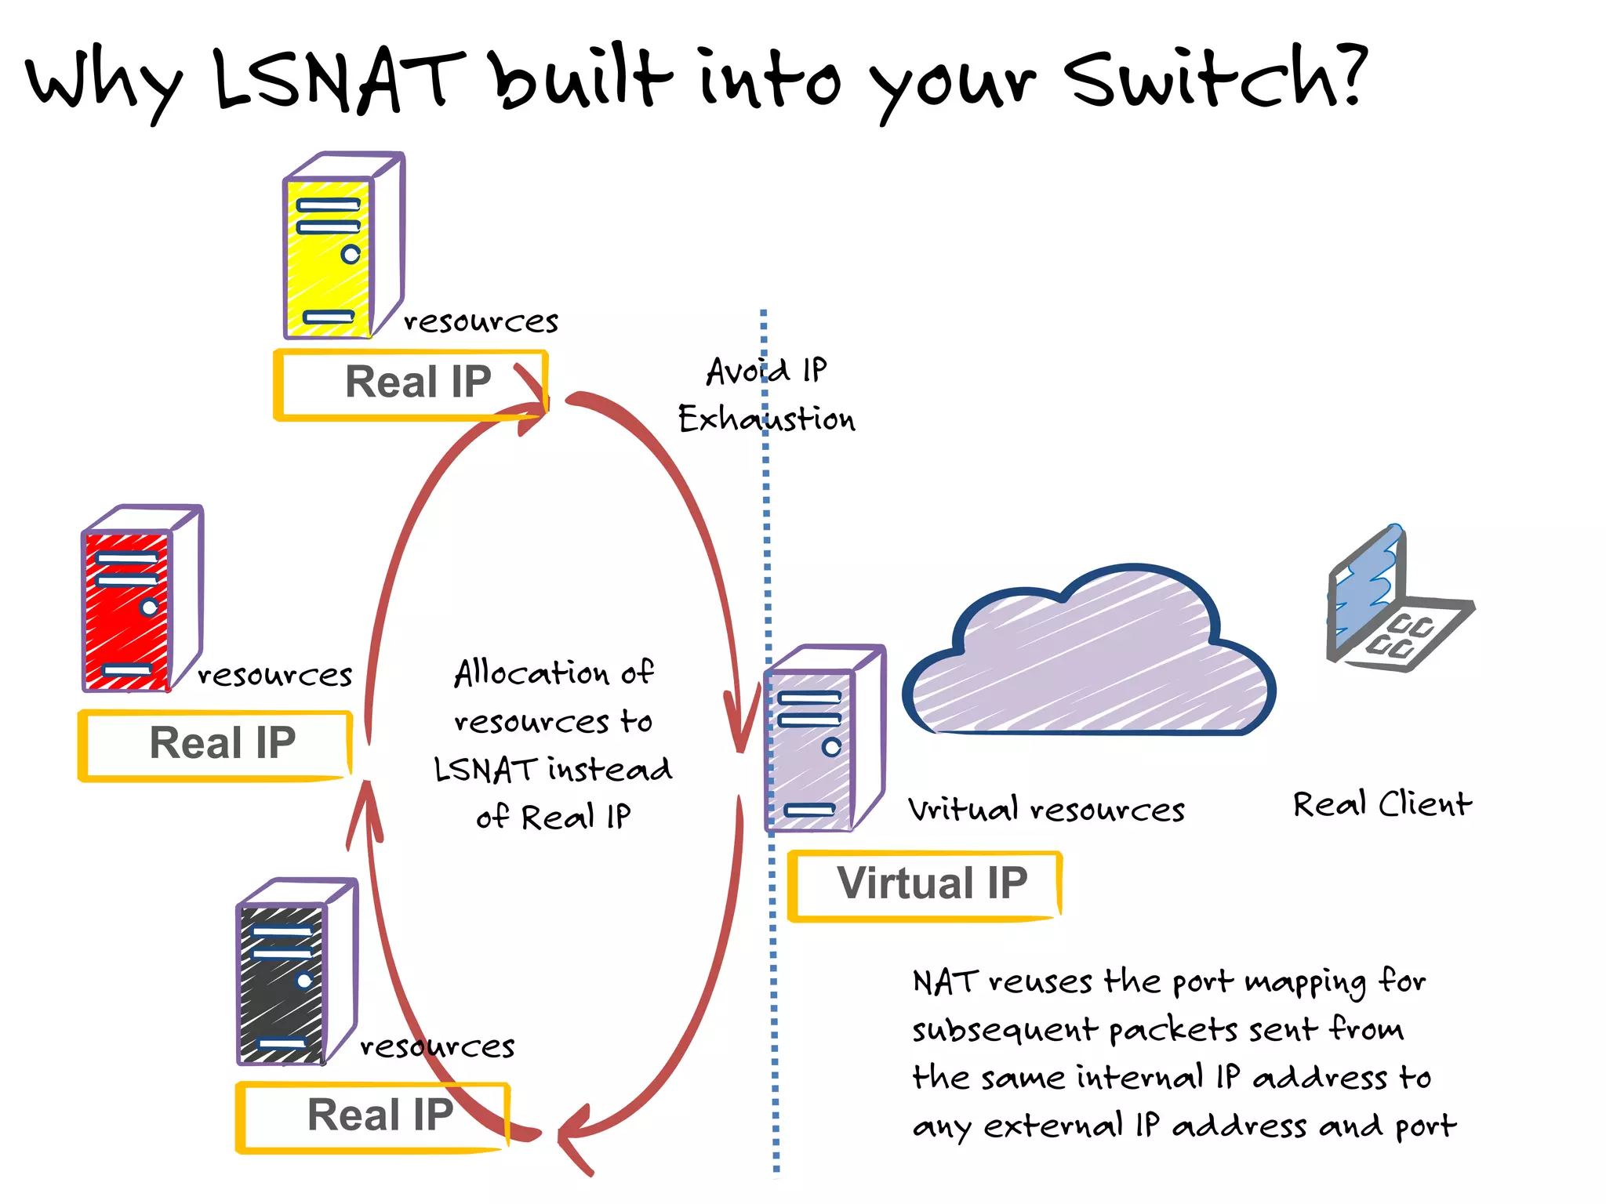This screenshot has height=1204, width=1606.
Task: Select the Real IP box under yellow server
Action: (x=411, y=384)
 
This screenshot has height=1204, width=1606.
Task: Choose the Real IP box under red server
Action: (x=216, y=745)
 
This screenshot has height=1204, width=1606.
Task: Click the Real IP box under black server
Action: (x=373, y=1116)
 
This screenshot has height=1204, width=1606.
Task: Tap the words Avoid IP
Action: (x=766, y=371)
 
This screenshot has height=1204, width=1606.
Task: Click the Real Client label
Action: (x=1382, y=805)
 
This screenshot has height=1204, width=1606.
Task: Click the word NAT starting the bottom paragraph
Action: (x=945, y=982)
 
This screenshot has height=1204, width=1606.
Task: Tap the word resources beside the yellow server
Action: (x=480, y=322)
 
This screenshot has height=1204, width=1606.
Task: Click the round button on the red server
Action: (x=149, y=607)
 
